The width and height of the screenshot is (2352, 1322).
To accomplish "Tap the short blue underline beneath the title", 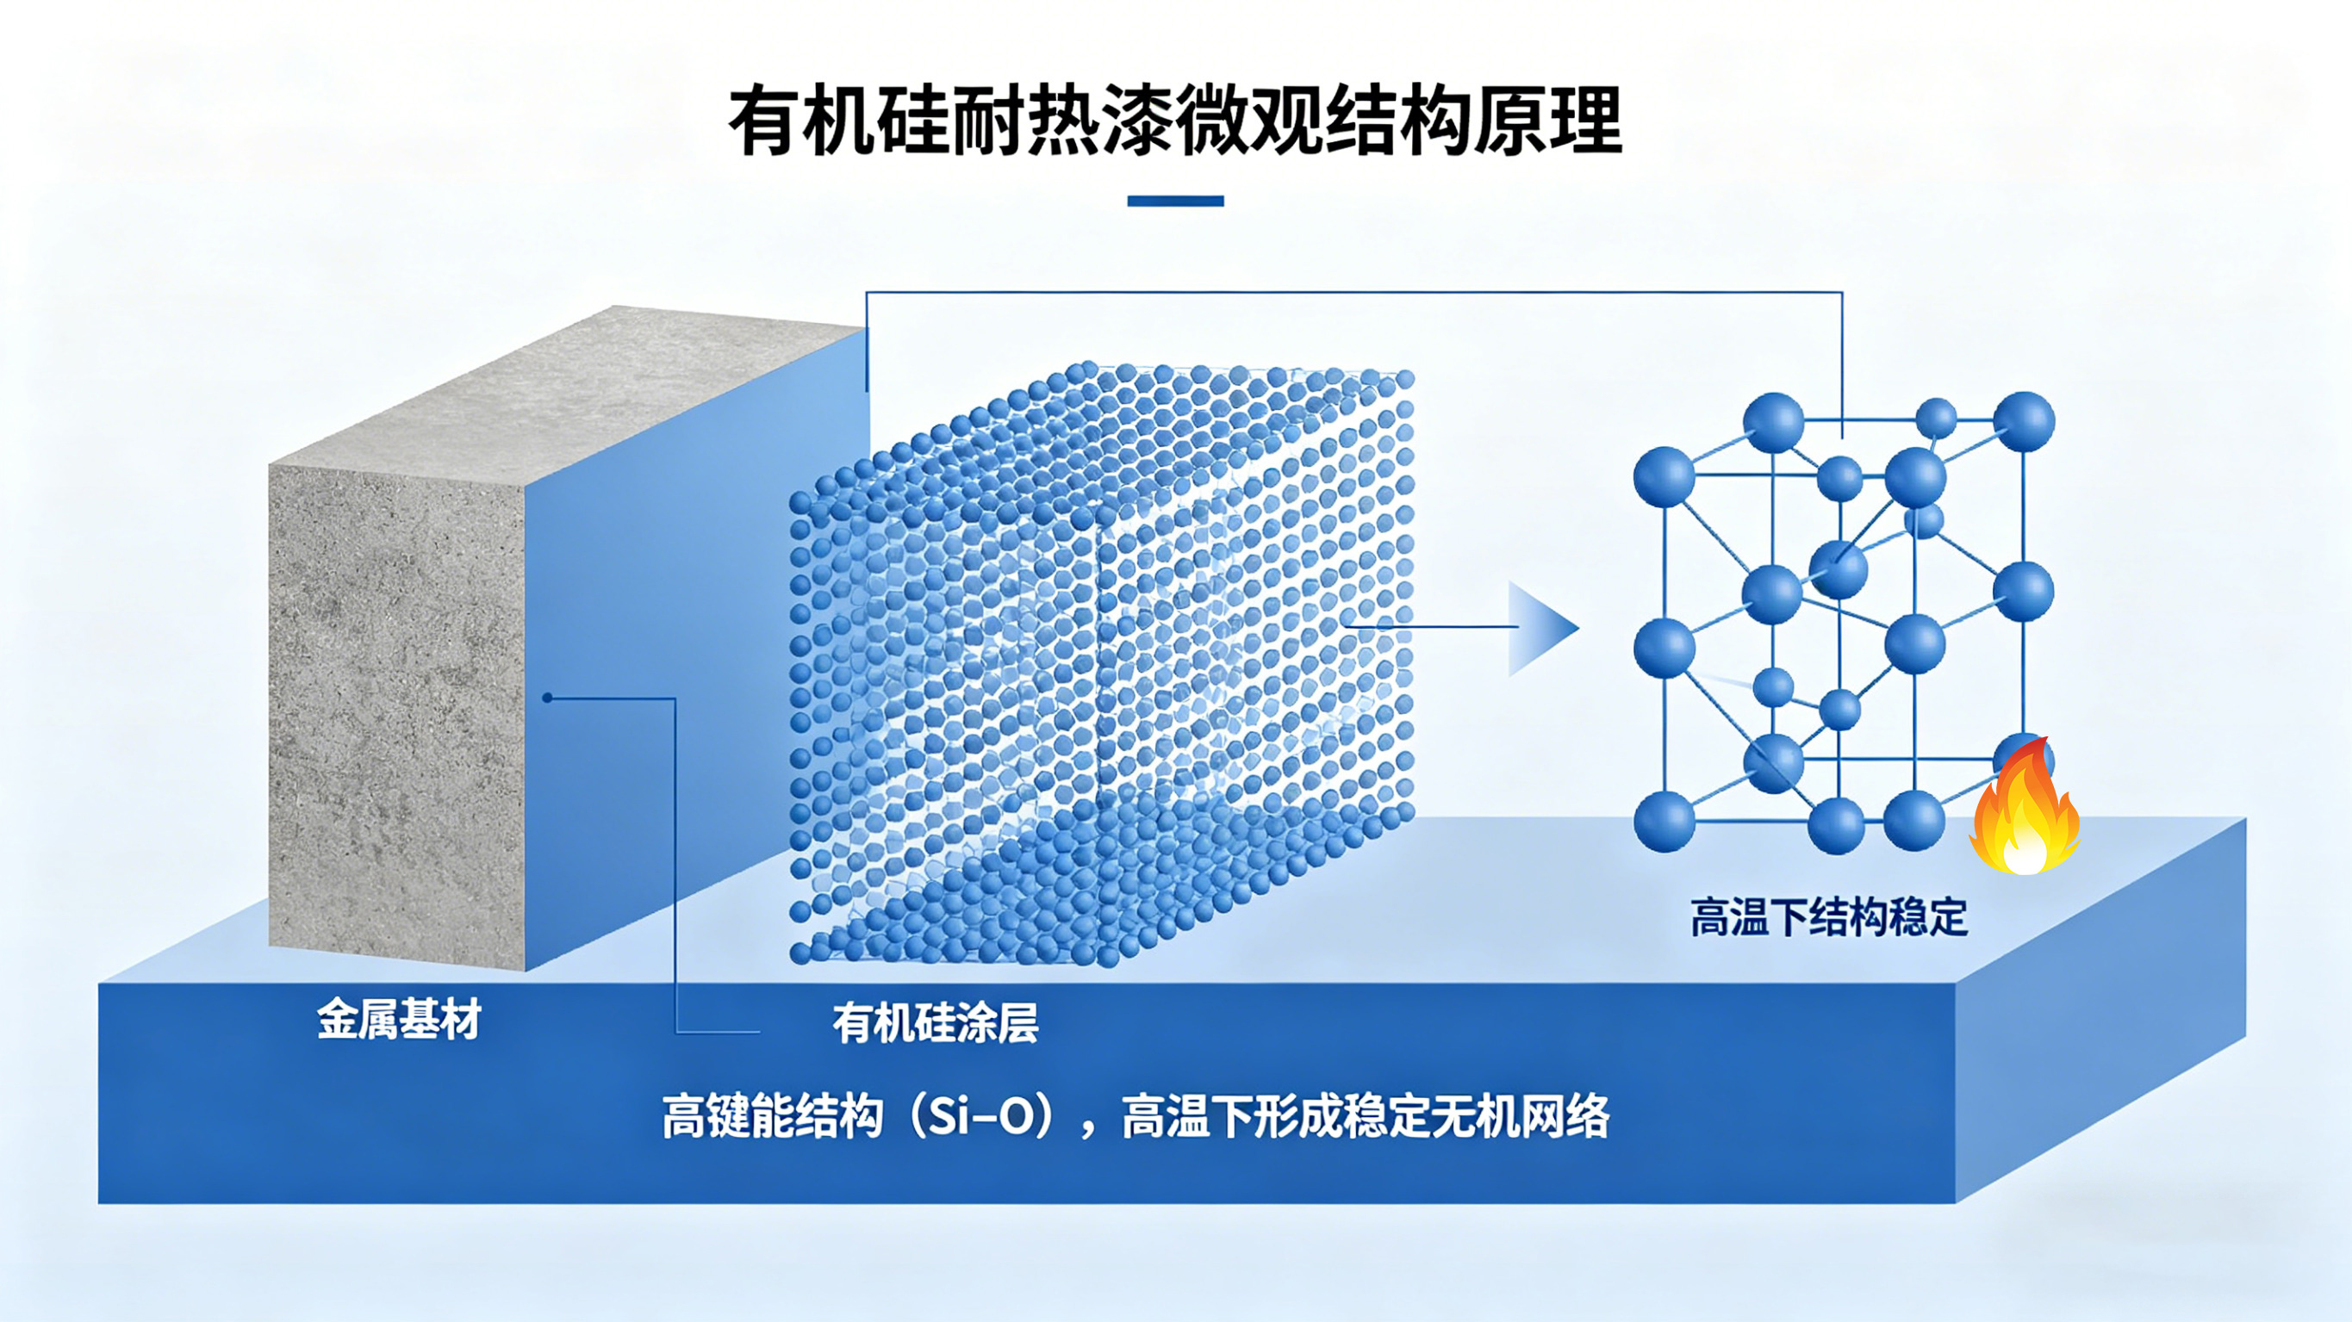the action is click(1175, 201).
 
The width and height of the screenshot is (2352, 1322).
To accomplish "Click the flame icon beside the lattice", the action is click(2025, 807).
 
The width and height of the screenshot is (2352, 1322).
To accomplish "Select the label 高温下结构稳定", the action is click(1829, 917).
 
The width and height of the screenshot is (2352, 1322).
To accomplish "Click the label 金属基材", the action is click(399, 1019).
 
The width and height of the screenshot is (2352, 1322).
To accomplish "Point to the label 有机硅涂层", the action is click(935, 1023).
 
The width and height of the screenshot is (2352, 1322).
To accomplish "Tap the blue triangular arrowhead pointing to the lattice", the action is click(1543, 628).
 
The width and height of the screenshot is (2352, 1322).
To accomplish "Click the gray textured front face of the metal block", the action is click(397, 717).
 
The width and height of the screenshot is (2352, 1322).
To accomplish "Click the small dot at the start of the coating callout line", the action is click(547, 698).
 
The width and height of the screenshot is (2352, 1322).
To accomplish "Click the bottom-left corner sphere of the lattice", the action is click(1664, 822).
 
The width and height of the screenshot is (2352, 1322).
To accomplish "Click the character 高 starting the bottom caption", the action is click(684, 1116).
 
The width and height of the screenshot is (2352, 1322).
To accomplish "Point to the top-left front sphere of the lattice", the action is click(1664, 476).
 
